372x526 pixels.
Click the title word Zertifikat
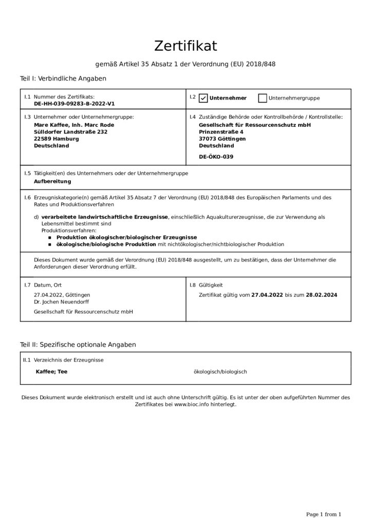(x=185, y=46)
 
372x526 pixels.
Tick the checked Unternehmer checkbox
(x=203, y=98)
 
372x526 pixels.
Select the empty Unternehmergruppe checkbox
(x=263, y=98)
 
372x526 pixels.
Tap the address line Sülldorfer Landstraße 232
(x=70, y=131)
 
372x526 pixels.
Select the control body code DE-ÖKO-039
(x=215, y=157)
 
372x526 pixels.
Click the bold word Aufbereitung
(x=52, y=181)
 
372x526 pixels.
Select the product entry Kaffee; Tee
(x=51, y=371)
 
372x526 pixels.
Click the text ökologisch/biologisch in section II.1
(x=220, y=371)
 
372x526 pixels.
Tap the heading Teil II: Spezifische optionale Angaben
(x=78, y=344)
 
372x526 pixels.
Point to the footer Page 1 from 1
(x=323, y=514)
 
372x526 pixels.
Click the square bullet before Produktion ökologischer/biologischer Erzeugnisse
(x=50, y=238)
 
